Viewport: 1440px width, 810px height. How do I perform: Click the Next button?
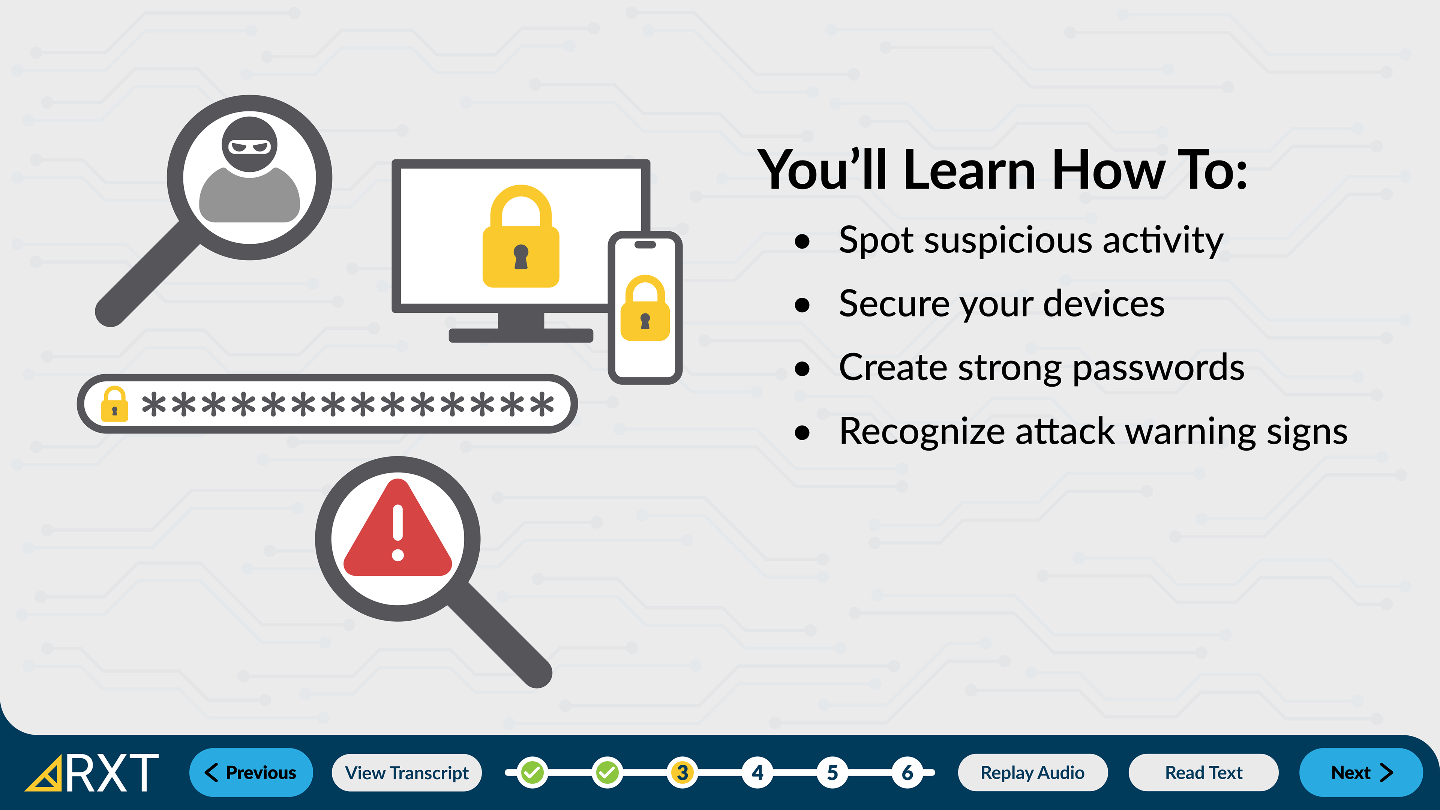(1360, 772)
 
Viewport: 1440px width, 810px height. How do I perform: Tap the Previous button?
(251, 772)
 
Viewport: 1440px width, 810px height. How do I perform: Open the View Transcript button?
(406, 772)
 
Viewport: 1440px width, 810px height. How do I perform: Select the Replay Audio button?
(1032, 772)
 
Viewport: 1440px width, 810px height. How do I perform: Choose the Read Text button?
(1203, 772)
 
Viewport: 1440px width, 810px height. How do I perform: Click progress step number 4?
(757, 772)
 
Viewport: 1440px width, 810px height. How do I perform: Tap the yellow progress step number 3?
(682, 772)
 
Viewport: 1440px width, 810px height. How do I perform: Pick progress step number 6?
(907, 772)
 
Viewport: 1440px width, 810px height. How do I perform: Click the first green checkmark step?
(532, 772)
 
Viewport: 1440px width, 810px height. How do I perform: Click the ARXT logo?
(92, 772)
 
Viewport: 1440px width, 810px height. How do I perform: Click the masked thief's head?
(249, 144)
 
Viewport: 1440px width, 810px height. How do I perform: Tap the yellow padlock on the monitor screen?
(521, 237)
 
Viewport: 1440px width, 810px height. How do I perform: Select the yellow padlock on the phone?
(645, 308)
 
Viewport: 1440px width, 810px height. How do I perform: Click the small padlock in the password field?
(115, 403)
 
